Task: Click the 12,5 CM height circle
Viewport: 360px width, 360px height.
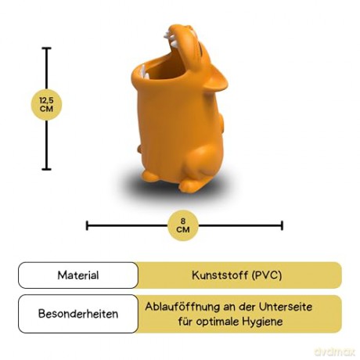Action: click(x=46, y=105)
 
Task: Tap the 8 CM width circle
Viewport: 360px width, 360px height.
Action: click(x=183, y=225)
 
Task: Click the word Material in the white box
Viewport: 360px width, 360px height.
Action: click(x=78, y=275)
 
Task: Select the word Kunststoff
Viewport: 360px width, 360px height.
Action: click(x=220, y=275)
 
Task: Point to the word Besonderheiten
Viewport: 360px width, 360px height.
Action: click(x=78, y=314)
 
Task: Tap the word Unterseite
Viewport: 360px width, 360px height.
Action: click(x=286, y=307)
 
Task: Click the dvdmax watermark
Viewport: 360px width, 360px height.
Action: click(x=335, y=352)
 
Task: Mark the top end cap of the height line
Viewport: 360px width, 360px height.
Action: click(x=46, y=49)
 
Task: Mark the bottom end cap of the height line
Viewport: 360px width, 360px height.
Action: click(x=46, y=169)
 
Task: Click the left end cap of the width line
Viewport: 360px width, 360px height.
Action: click(x=87, y=225)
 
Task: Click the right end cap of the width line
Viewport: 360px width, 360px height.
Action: click(x=282, y=225)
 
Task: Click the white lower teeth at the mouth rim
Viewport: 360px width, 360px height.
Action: click(x=143, y=73)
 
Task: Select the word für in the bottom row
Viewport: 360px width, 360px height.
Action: click(x=185, y=321)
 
